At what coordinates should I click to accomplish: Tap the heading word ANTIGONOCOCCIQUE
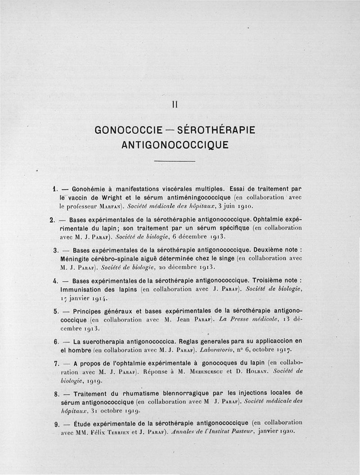175,145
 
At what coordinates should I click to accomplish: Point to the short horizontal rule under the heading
175,161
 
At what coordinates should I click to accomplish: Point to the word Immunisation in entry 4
81,289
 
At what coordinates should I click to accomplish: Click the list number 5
56,311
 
